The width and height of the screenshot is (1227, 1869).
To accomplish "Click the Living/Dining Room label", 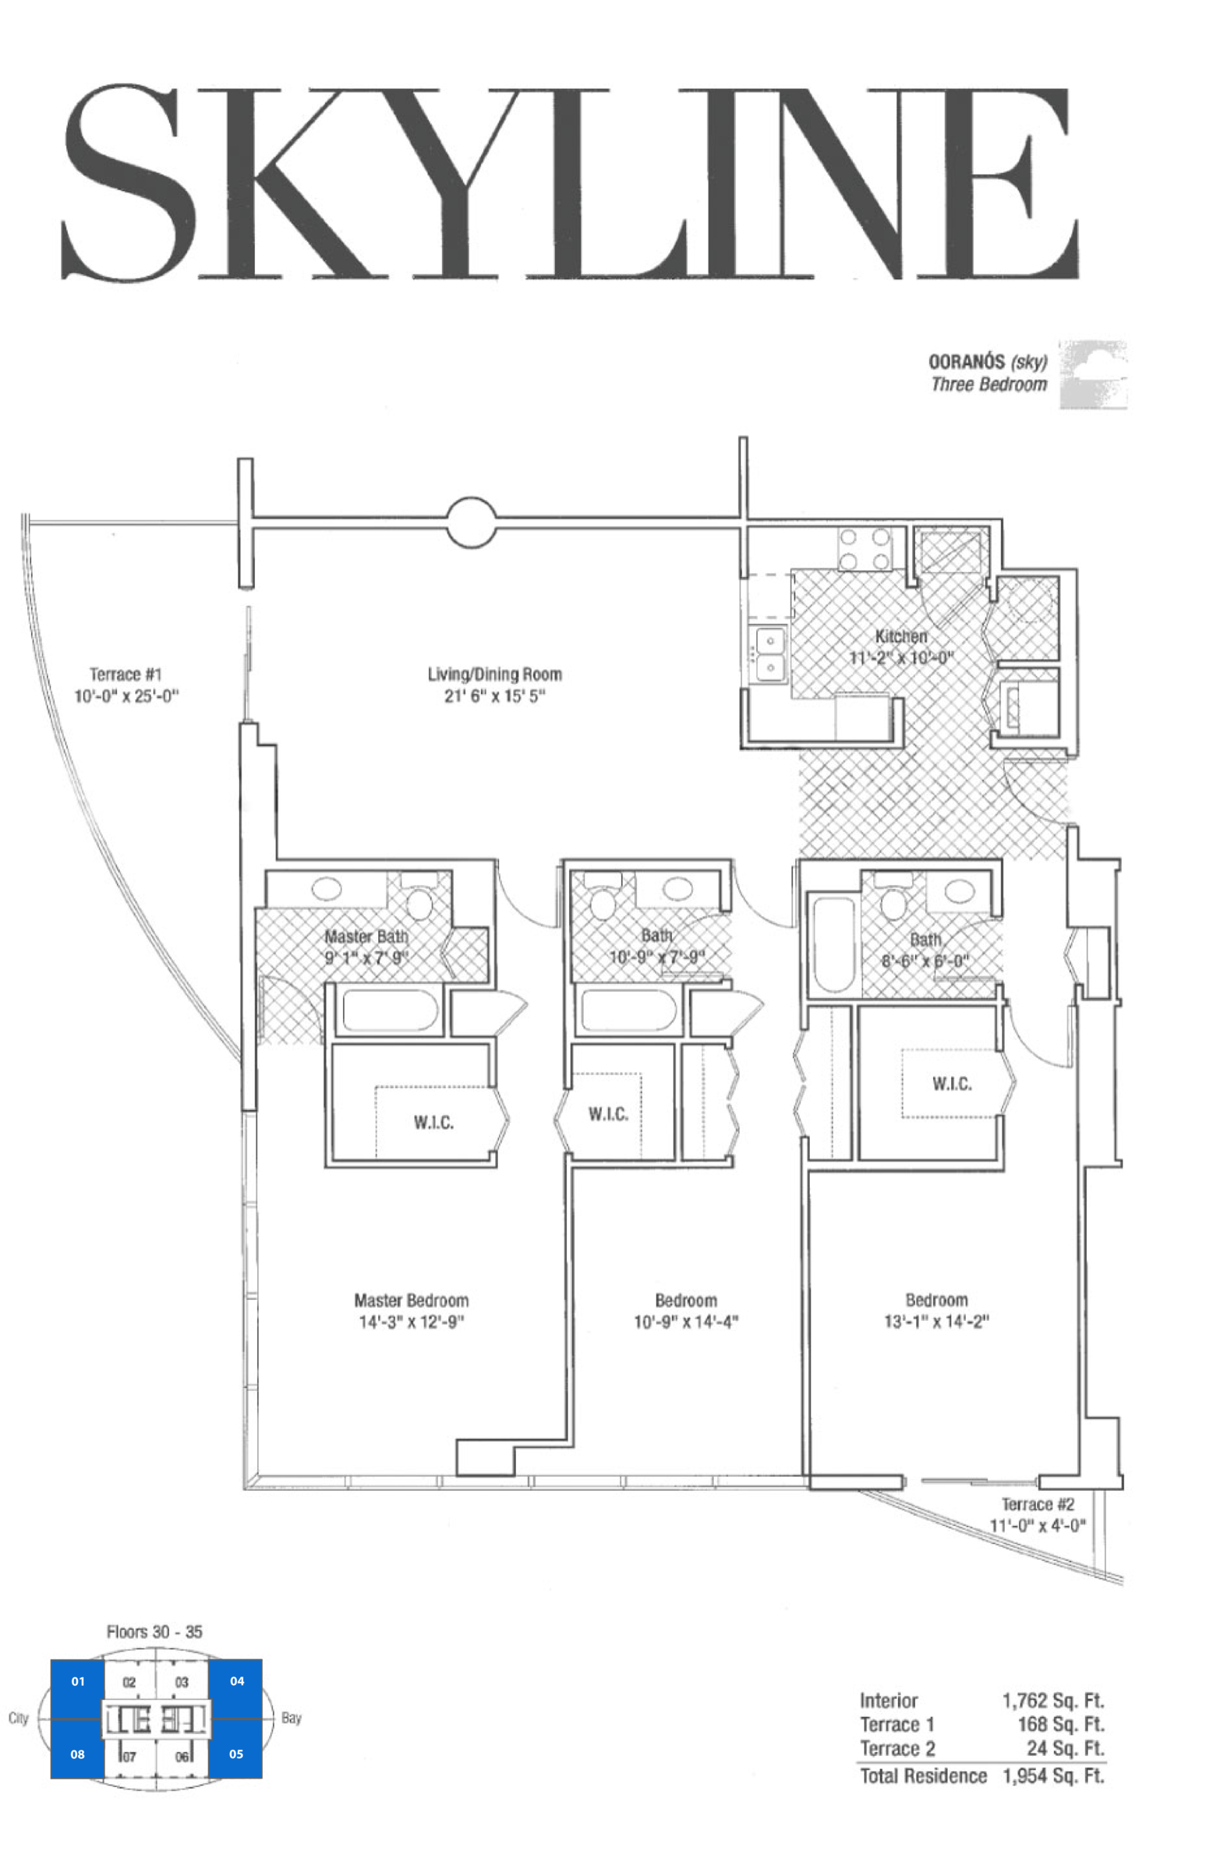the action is (494, 674).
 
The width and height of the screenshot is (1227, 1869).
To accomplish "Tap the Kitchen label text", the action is (901, 636).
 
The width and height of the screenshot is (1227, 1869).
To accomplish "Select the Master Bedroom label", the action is (412, 1301).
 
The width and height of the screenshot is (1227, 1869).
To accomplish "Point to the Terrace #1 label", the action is (126, 674).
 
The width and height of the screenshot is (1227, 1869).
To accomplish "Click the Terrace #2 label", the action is (1038, 1504).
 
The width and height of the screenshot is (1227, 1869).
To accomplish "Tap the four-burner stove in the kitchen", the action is (865, 549).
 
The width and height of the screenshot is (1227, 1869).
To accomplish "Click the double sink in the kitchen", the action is (770, 653).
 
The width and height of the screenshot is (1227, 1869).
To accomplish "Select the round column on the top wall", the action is (472, 522).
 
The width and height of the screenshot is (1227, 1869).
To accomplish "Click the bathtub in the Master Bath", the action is (390, 1010).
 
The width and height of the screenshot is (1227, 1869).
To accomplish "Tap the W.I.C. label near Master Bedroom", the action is (433, 1122).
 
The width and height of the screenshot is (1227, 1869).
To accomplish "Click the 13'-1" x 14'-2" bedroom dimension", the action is (936, 1321).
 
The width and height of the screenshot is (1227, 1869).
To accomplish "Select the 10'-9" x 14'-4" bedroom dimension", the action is (686, 1322).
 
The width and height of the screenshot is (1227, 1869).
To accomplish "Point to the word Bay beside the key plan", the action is (292, 1718).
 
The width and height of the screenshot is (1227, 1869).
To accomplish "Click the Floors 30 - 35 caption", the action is (154, 1631).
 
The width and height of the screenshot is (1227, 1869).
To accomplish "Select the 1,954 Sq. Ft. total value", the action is (1053, 1775).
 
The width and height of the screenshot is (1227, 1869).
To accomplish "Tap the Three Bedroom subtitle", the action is (989, 384).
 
